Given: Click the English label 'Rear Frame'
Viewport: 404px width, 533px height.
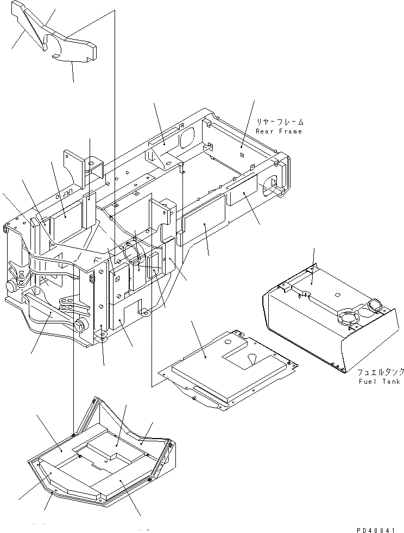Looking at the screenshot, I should click(279, 131).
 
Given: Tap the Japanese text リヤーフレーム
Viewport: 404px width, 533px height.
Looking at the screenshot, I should click(280, 122).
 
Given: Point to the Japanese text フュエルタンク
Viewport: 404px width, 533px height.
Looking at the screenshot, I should click(380, 372).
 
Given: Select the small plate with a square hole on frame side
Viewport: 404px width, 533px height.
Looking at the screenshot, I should click(117, 276).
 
